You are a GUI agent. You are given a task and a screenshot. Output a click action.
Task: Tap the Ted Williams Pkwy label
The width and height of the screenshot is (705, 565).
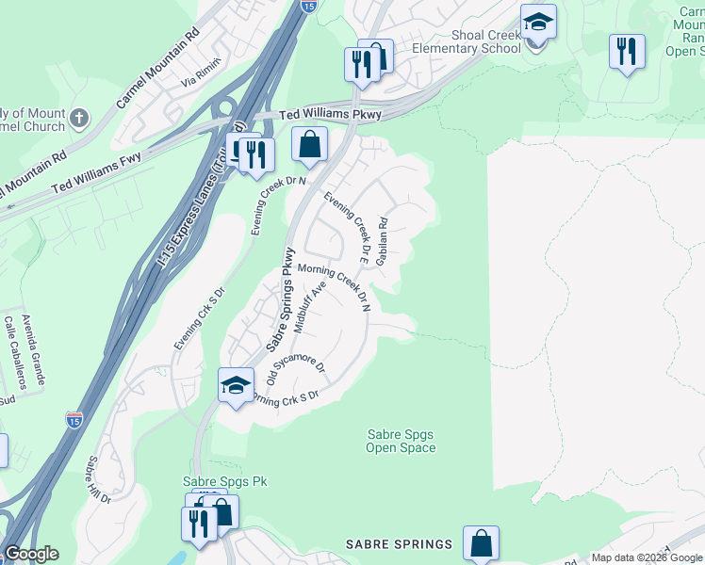(330, 115)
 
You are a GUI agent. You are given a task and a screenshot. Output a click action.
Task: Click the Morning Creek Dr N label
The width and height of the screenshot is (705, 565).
(335, 286)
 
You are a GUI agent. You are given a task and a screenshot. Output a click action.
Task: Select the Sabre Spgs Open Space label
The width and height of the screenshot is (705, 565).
(401, 441)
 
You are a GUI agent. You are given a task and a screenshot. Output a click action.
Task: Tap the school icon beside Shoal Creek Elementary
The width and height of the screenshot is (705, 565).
(538, 22)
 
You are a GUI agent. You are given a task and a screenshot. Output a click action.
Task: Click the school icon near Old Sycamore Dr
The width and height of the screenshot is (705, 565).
(236, 384)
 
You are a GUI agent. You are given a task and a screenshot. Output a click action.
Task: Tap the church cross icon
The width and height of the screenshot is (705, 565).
(79, 119)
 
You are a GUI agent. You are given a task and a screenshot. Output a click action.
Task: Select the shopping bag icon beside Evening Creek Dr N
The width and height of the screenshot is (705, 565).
(309, 145)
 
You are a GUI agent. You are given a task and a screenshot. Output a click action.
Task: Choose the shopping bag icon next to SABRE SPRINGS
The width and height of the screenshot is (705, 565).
(481, 543)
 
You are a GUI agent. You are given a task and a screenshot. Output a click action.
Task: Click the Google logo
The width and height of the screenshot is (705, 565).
(31, 554)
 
